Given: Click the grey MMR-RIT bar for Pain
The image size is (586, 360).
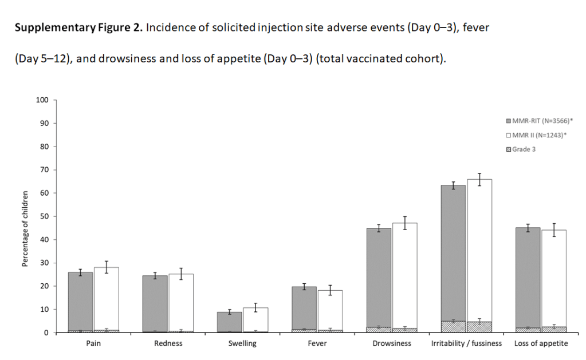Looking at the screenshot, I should (80, 300).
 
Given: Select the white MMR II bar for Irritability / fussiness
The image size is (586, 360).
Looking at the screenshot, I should (479, 252).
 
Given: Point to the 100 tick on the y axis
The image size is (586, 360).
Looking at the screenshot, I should (43, 100).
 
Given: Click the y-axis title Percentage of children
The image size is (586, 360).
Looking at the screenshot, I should (25, 229).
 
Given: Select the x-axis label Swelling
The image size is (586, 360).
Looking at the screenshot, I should (242, 343).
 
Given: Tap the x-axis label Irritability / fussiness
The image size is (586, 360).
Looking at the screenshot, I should (466, 343).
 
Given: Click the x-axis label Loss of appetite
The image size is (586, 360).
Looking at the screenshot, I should (541, 343).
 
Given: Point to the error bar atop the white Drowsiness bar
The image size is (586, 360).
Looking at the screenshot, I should (405, 223).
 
